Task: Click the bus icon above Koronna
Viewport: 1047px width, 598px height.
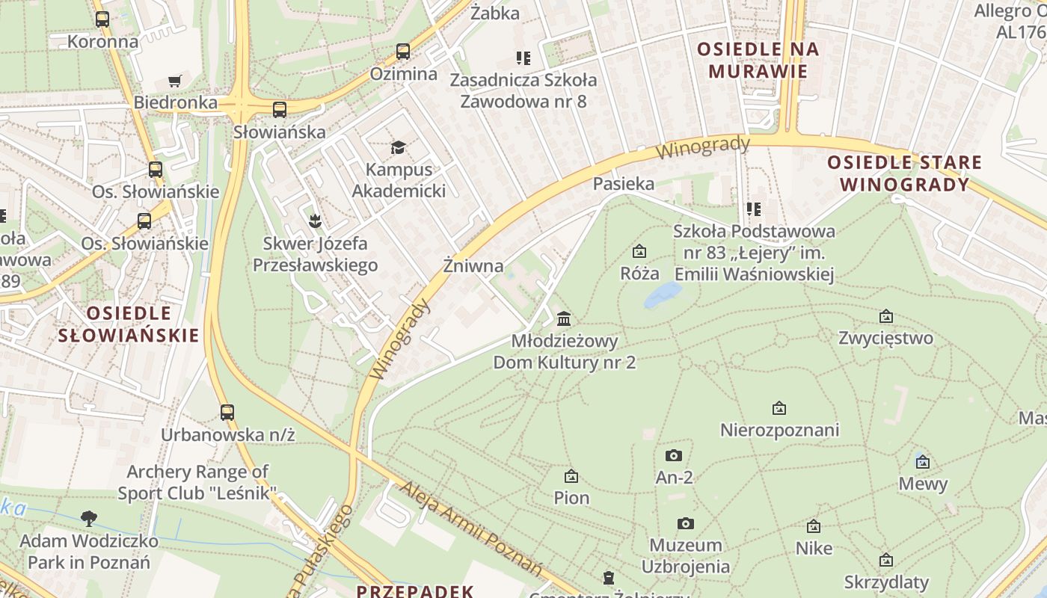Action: coord(102,19)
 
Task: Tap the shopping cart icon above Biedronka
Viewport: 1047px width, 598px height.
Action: coord(175,81)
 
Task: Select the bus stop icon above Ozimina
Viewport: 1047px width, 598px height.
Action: coord(403,52)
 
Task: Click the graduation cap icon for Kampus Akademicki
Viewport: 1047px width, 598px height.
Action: coord(397,147)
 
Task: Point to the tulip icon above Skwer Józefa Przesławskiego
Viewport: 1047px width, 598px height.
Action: coord(315,221)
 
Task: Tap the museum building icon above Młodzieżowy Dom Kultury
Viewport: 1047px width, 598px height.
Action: coord(564,318)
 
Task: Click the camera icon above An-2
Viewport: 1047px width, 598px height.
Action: coord(673,454)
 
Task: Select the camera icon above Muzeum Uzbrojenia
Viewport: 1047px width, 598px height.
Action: coord(685,523)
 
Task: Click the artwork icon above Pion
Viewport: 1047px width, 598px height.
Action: coord(571,475)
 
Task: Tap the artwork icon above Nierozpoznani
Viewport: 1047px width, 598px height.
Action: coord(779,408)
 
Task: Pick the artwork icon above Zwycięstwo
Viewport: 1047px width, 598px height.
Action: coord(886,316)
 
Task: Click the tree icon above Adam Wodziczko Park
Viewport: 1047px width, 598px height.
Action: coord(89,518)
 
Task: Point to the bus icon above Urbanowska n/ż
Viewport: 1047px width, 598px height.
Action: coord(227,412)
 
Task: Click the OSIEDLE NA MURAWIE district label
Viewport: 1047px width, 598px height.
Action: coord(758,61)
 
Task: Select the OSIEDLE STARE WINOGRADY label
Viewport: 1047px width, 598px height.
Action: coord(904,173)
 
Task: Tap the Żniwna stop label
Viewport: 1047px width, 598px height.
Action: coord(473,265)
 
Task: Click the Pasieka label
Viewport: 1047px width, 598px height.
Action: coord(623,184)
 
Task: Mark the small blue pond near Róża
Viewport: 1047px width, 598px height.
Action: coord(663,295)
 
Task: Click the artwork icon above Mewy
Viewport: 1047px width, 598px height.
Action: coord(922,461)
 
